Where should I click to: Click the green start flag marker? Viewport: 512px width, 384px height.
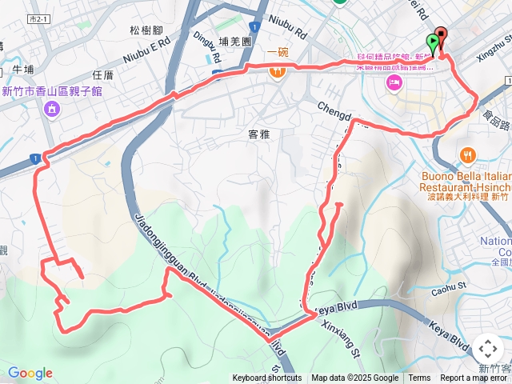click(x=434, y=42)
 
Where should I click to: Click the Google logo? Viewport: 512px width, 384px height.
click(x=30, y=373)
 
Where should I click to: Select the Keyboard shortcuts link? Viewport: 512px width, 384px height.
click(x=267, y=378)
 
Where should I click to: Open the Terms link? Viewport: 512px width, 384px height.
click(x=419, y=378)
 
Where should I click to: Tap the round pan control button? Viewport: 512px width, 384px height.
click(x=487, y=349)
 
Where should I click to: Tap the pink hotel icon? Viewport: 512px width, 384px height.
click(x=394, y=83)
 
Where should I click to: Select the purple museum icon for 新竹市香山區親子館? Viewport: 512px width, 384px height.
click(x=52, y=108)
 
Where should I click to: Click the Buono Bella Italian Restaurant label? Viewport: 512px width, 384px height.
click(x=464, y=180)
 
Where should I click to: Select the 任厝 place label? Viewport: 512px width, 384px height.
click(x=103, y=75)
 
